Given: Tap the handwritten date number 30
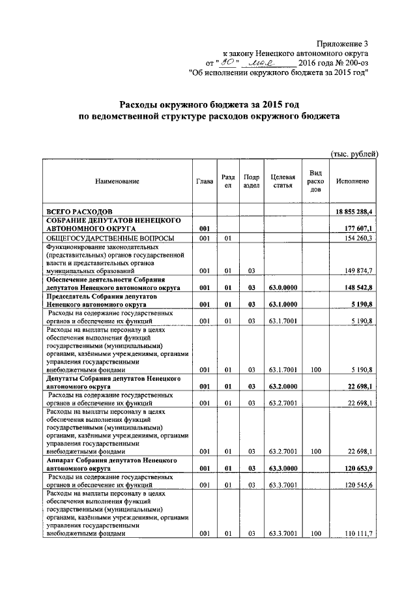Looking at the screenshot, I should point(227,63).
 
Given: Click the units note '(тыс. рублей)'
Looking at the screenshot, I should point(354,154).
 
